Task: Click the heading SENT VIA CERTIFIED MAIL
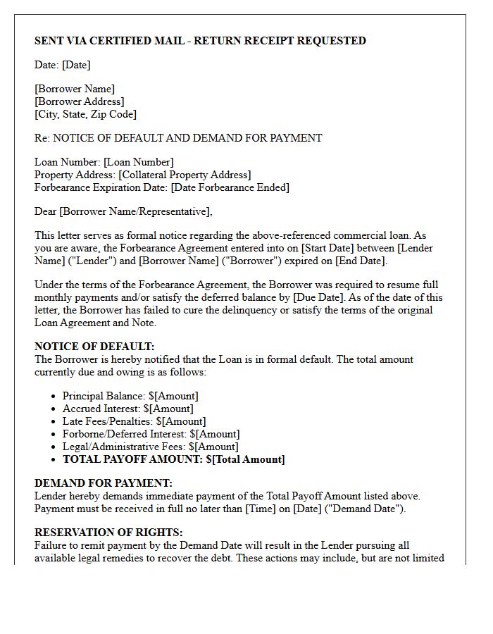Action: (x=200, y=41)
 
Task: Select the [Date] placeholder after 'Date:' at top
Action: (x=76, y=65)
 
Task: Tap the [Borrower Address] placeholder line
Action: (x=79, y=101)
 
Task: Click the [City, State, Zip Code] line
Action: (x=85, y=114)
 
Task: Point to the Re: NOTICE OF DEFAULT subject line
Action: (x=178, y=138)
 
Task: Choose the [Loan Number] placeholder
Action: (x=139, y=162)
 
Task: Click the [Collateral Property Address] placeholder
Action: (x=185, y=175)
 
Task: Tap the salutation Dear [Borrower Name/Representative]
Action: (x=123, y=211)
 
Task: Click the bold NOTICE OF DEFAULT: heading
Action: (x=94, y=347)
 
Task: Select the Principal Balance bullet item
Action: (x=130, y=396)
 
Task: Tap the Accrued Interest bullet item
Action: (x=127, y=409)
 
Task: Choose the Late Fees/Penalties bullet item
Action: (x=134, y=421)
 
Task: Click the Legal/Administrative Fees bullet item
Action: (x=150, y=447)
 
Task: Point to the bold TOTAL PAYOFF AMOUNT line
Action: (x=174, y=459)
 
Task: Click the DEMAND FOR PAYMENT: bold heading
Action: (x=103, y=483)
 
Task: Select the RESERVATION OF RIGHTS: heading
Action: (x=108, y=533)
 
